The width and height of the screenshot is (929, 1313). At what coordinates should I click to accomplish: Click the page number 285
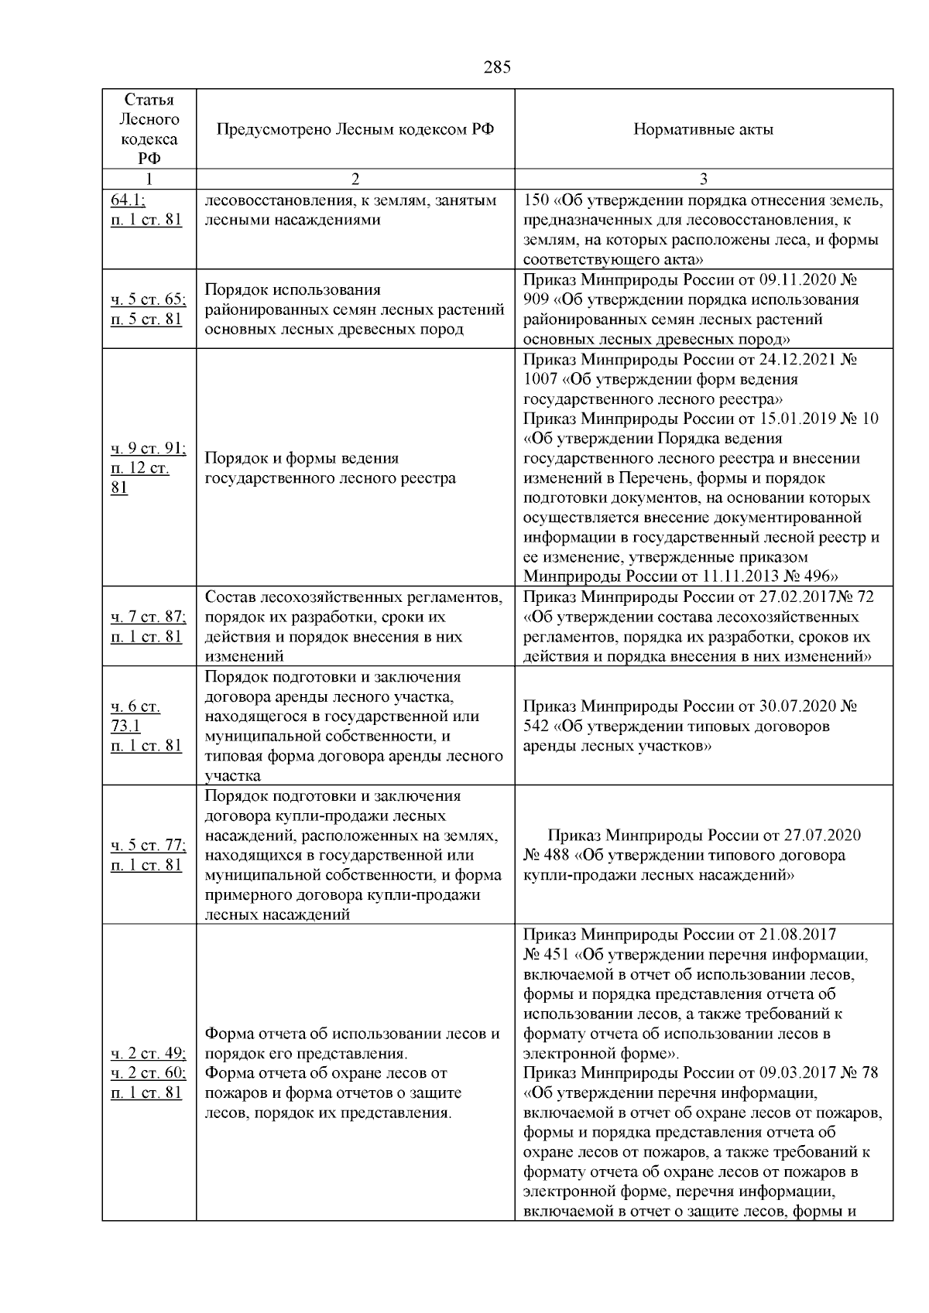pyautogui.click(x=497, y=67)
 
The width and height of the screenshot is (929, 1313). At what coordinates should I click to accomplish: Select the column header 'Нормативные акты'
pyautogui.click(x=703, y=129)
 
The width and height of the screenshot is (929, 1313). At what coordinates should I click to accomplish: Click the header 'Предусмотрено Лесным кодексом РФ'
pyautogui.click(x=355, y=129)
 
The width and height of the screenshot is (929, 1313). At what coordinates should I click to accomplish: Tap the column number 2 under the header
pyautogui.click(x=355, y=180)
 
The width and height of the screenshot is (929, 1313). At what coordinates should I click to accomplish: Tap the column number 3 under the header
pyautogui.click(x=703, y=180)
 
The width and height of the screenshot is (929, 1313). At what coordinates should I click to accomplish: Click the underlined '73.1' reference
pyautogui.click(x=126, y=726)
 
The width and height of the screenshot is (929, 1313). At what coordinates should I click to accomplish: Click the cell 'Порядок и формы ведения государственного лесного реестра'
pyautogui.click(x=331, y=468)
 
